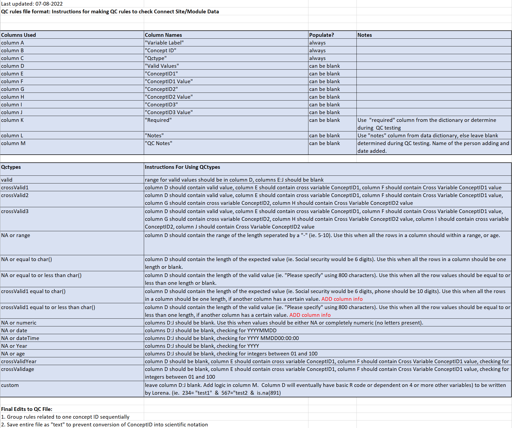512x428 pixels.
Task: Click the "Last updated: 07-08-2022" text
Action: click(32, 4)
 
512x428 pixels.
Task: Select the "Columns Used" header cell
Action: click(18, 35)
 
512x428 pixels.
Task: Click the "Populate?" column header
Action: click(322, 35)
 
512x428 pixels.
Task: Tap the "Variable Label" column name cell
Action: click(164, 43)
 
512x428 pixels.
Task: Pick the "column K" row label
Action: click(12, 120)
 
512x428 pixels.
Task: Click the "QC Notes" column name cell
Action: click(158, 143)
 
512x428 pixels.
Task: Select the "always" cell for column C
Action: click(317, 58)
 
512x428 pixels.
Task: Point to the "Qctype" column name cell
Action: click(156, 58)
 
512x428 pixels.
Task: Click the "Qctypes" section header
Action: click(11, 167)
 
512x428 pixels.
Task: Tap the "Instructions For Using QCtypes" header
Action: click(182, 167)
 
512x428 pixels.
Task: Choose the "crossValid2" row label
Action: click(15, 195)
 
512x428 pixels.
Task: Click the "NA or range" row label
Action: click(15, 235)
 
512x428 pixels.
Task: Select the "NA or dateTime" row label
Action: click(20, 338)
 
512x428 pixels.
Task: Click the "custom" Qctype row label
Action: click(10, 385)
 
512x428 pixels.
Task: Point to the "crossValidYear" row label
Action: click(19, 361)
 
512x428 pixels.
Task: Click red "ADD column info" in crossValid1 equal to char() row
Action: click(342, 299)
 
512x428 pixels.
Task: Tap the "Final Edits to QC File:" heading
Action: click(27, 409)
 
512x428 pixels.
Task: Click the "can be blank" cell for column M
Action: click(324, 143)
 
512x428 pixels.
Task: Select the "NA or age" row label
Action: click(13, 354)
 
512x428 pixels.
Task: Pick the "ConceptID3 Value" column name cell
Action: click(169, 112)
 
